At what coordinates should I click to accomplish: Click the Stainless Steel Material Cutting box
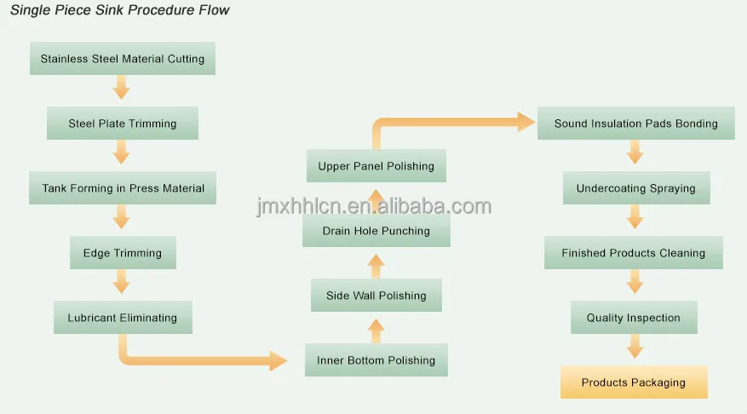[x=122, y=59]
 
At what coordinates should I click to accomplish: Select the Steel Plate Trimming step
[x=122, y=124]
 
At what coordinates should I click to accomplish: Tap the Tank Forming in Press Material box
[x=123, y=188]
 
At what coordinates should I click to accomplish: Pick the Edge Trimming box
[x=122, y=253]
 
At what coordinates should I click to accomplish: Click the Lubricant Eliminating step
[x=122, y=318]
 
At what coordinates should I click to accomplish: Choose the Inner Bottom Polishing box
[x=376, y=360]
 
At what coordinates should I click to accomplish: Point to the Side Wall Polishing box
[x=376, y=296]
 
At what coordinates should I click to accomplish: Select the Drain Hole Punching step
[x=376, y=231]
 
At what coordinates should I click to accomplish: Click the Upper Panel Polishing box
[x=376, y=166]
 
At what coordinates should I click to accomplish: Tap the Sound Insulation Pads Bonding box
[x=635, y=124]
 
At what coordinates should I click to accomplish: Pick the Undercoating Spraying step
[x=635, y=188]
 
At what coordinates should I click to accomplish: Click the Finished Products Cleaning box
[x=633, y=253]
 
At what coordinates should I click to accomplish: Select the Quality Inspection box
[x=633, y=318]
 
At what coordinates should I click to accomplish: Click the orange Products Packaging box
[x=633, y=382]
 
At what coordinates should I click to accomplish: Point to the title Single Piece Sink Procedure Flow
[x=120, y=11]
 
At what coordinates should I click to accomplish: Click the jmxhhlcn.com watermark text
[x=374, y=207]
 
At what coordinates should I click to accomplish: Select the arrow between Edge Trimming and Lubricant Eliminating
[x=122, y=282]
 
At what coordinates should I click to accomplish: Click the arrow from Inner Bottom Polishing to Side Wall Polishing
[x=376, y=328]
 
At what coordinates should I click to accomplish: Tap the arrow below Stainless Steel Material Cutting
[x=122, y=88]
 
